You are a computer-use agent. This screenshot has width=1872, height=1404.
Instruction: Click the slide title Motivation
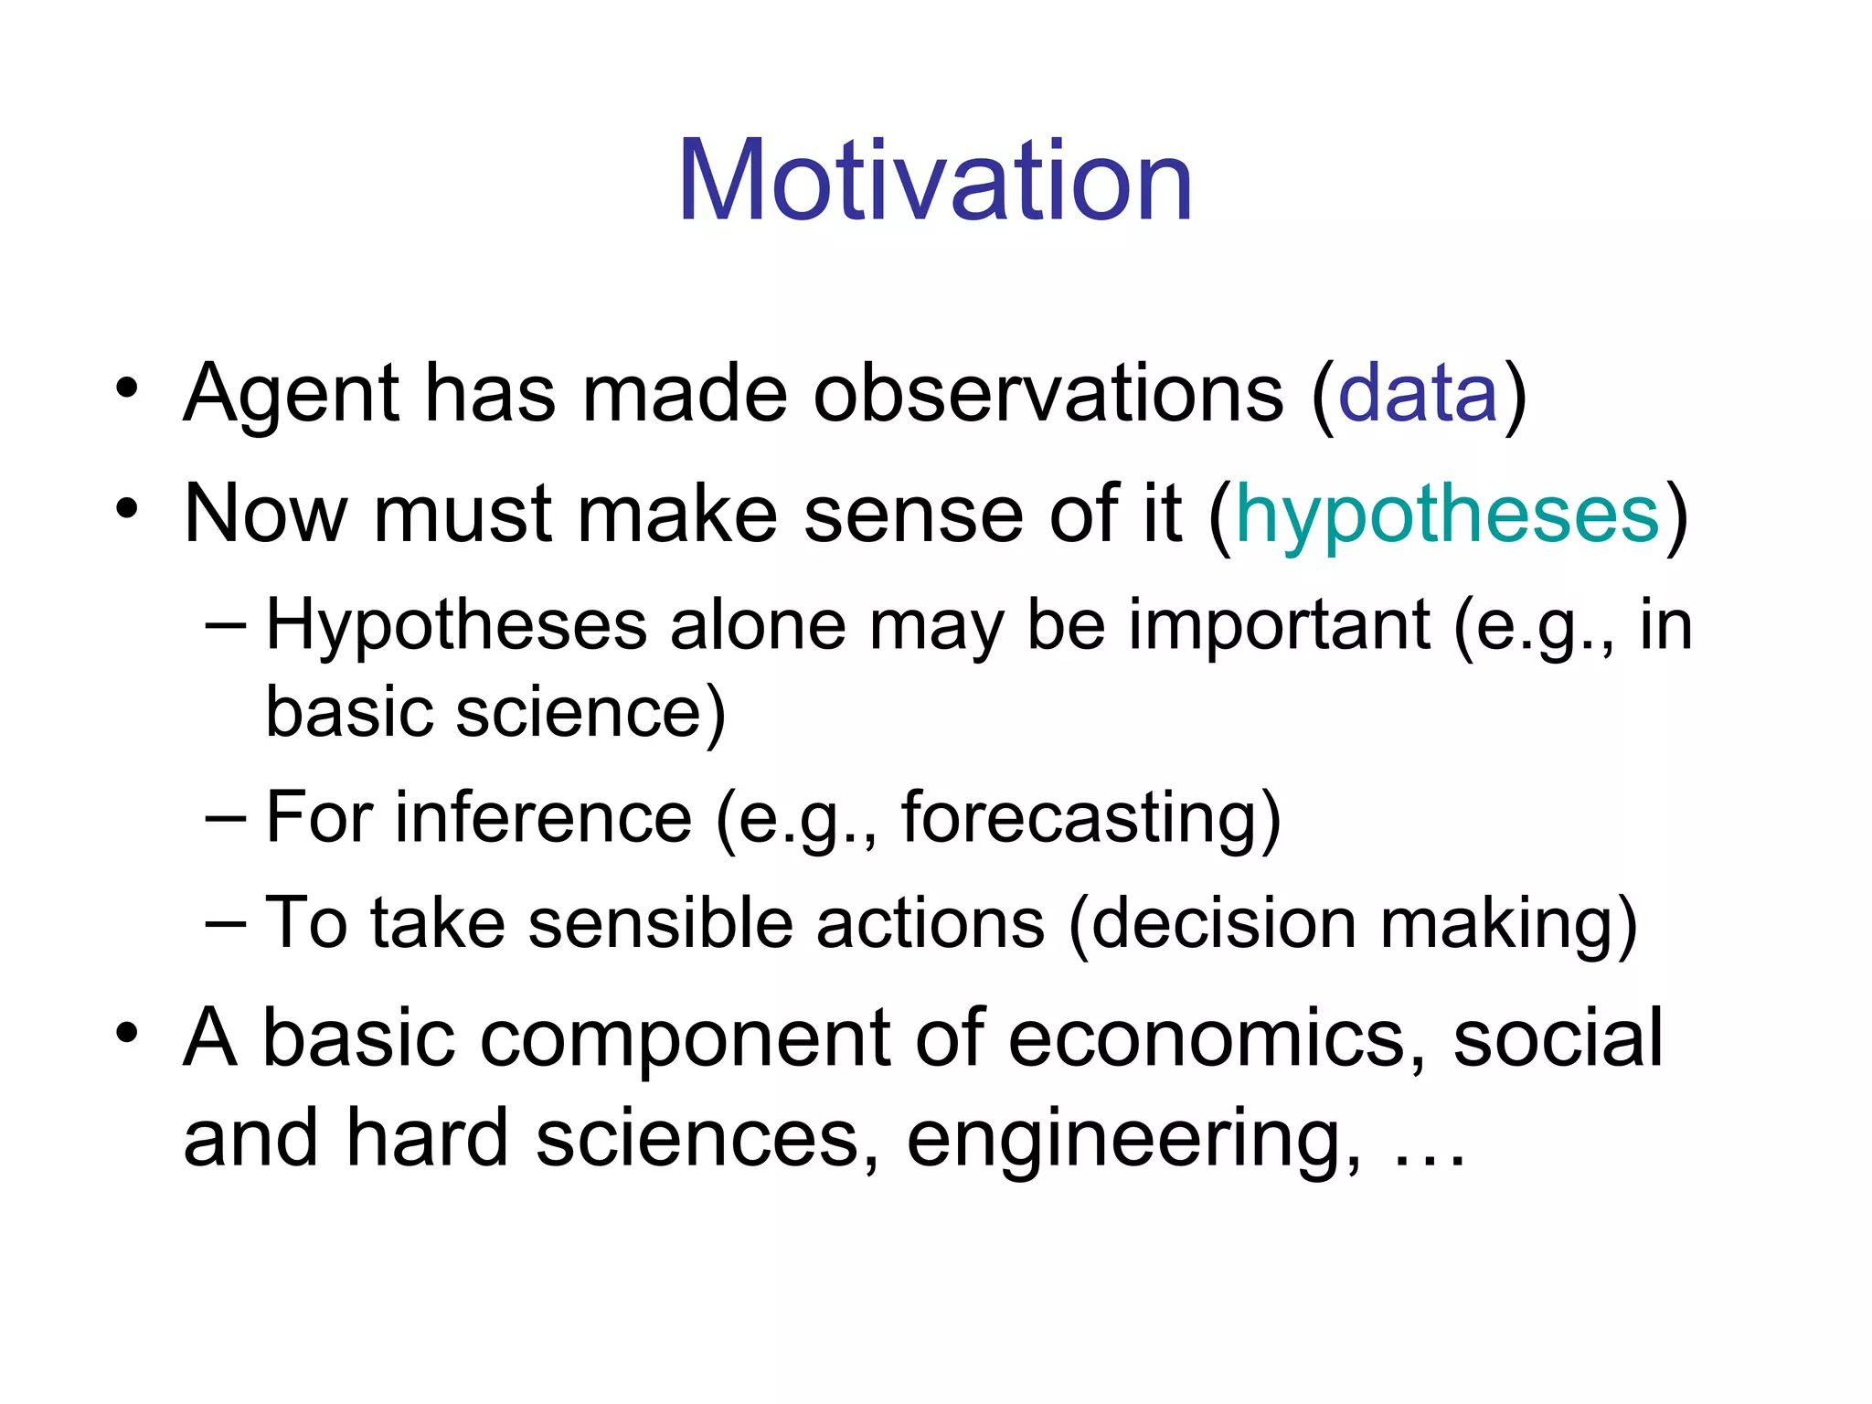935,180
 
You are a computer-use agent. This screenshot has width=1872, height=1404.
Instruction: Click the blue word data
1418,393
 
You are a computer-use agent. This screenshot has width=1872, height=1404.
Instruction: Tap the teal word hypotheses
1447,514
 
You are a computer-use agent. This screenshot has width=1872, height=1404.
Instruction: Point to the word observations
1048,393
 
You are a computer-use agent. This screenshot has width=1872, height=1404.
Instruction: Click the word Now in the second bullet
265,514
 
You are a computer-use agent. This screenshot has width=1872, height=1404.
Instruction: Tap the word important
1279,625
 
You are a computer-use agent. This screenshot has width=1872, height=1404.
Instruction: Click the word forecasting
1090,819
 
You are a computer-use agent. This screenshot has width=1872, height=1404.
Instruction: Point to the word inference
543,817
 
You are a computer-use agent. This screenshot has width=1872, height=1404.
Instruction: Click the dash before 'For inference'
225,819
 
